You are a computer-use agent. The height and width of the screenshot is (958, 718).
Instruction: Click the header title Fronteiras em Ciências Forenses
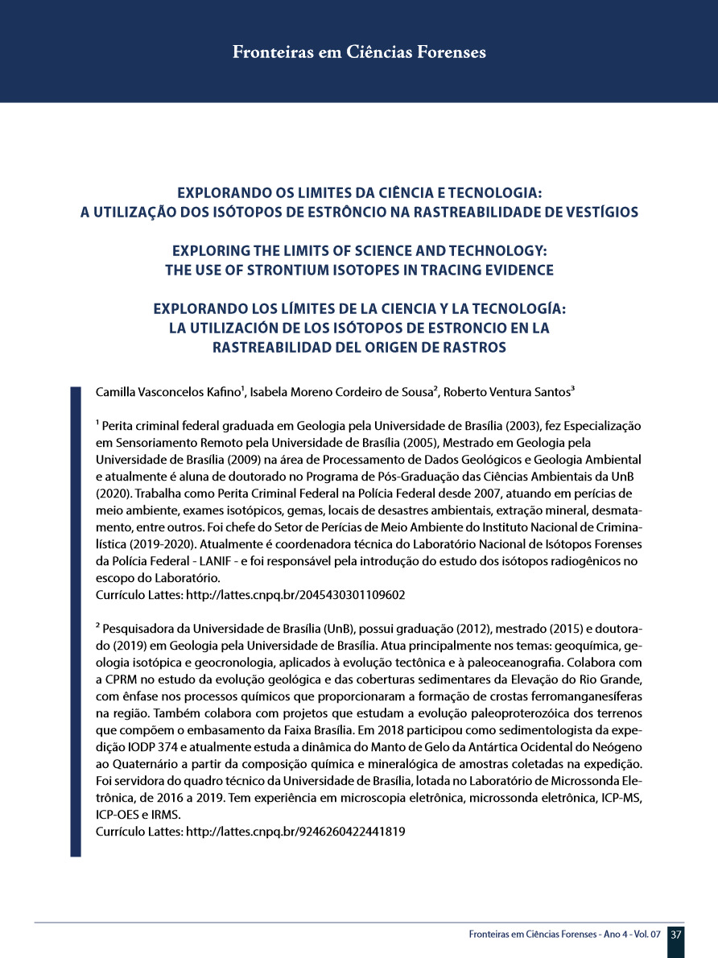[359, 53]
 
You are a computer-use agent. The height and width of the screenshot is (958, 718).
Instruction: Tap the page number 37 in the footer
[676, 935]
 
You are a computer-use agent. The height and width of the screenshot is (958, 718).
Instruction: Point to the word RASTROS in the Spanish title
[474, 348]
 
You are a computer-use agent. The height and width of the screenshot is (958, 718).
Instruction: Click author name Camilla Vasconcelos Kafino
[168, 393]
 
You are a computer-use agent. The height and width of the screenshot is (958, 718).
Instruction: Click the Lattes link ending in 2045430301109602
[295, 595]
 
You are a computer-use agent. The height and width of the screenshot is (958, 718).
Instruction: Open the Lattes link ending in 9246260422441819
[295, 830]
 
